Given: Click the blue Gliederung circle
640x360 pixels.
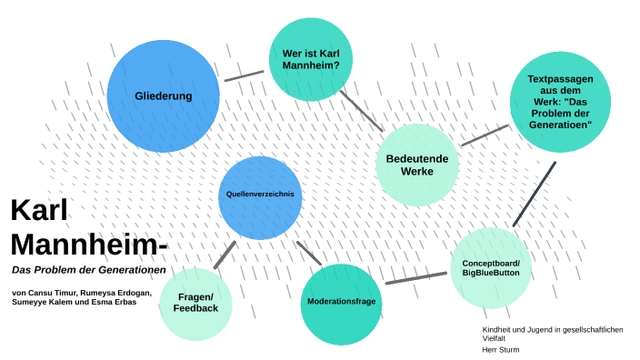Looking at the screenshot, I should coord(164,95).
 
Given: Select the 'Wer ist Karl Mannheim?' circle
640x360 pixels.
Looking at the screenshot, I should coord(311,58).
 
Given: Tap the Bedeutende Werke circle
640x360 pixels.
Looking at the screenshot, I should coord(417,165).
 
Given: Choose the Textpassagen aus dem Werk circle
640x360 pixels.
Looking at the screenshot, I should coord(560,100).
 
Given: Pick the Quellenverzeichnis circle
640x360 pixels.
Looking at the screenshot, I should coord(260,194).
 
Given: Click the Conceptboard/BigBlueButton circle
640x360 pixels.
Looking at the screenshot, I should coord(490,267).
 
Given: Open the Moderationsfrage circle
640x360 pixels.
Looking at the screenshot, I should coord(341,301).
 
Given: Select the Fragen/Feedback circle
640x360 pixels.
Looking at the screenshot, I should coord(195,304).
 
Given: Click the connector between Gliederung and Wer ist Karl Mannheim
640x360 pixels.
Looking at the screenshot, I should coord(244,75).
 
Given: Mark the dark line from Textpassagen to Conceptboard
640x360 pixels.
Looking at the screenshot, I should coord(534,194).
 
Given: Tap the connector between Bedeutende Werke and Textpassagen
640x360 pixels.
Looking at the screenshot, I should coord(484,135).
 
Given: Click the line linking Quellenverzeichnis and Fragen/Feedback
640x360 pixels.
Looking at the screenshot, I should coord(225,254).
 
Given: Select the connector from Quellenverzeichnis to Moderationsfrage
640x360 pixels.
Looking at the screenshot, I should coord(309,252).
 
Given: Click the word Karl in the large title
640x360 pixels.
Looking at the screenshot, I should coord(41,211).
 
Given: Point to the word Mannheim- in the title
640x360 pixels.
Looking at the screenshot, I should coord(89,245).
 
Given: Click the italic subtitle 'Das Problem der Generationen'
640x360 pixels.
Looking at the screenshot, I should coord(88,271).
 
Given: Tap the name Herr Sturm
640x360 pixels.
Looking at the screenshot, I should coord(500,349).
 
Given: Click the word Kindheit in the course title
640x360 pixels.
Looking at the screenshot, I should coord(497,328).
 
